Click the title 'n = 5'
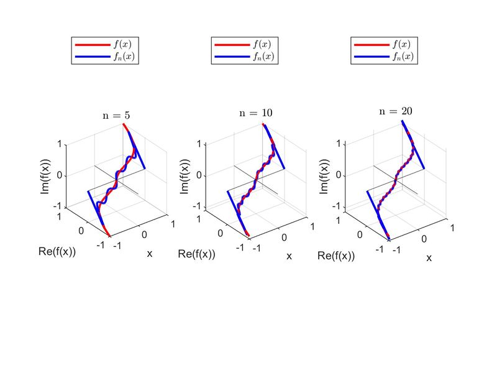pyautogui.click(x=117, y=115)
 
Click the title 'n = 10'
pyautogui.click(x=256, y=113)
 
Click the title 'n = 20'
pyautogui.click(x=396, y=111)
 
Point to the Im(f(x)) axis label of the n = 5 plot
pyautogui.click(x=45, y=175)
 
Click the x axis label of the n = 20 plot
pyautogui.click(x=429, y=258)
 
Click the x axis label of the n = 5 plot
pyautogui.click(x=149, y=254)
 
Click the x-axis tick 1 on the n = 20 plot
pyautogui.click(x=452, y=228)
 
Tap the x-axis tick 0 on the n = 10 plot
pyautogui.click(x=285, y=237)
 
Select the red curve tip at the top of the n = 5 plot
pyautogui.click(x=123, y=125)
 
